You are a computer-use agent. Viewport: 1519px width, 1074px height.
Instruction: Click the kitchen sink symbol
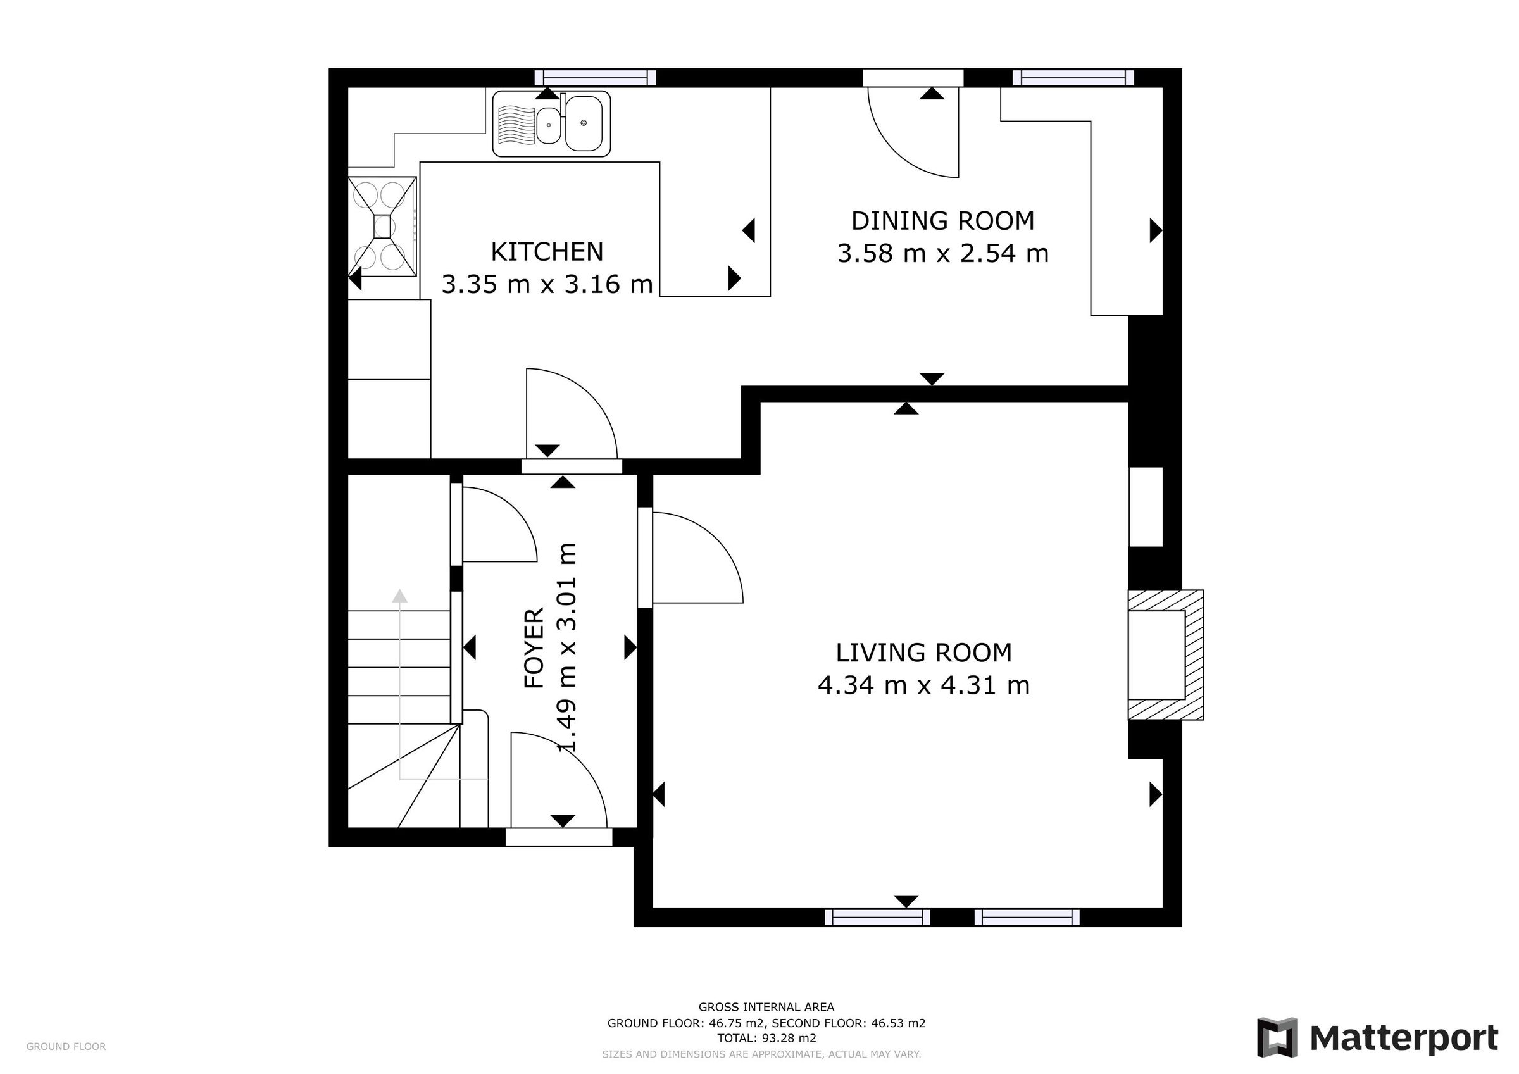pyautogui.click(x=551, y=124)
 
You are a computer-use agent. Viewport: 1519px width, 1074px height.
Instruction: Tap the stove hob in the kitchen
pyautogui.click(x=382, y=227)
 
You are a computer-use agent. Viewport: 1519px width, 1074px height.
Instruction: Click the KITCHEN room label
pyautogui.click(x=546, y=252)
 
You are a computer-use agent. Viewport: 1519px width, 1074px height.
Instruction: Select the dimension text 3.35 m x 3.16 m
pyautogui.click(x=546, y=285)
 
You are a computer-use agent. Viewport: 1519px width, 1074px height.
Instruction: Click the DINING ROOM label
pyautogui.click(x=942, y=221)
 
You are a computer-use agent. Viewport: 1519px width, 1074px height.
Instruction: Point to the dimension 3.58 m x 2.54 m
pyautogui.click(x=942, y=253)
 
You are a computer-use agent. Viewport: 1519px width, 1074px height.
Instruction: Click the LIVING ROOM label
pyautogui.click(x=923, y=653)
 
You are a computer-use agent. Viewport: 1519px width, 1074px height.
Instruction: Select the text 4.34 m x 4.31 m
pyautogui.click(x=923, y=685)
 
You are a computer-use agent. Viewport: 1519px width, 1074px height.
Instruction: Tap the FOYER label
pyautogui.click(x=534, y=649)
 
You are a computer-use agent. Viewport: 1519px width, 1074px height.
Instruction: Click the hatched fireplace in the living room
pyautogui.click(x=1166, y=654)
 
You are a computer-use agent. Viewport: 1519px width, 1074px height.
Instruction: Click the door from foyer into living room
pyautogui.click(x=695, y=559)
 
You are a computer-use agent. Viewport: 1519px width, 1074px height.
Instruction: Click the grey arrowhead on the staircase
pyautogui.click(x=399, y=596)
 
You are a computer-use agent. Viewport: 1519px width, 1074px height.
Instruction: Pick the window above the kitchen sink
pyautogui.click(x=596, y=78)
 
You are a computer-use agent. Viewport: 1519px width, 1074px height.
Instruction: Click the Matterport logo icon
pyautogui.click(x=1277, y=1037)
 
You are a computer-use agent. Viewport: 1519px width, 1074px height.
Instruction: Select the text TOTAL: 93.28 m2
pyautogui.click(x=766, y=1039)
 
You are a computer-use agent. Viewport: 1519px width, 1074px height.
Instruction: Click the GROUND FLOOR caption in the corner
pyautogui.click(x=66, y=1046)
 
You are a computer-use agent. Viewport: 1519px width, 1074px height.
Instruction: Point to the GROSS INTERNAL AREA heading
pyautogui.click(x=766, y=1007)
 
